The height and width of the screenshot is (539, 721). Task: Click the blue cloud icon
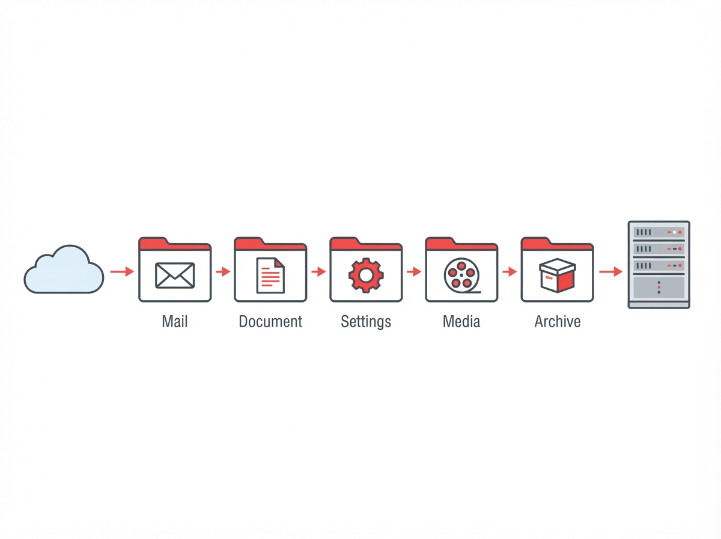64,269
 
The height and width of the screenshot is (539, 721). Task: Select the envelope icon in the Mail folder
175,276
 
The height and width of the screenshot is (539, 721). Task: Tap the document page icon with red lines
270,276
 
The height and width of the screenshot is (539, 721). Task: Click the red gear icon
366,276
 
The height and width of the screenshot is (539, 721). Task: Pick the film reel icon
462,276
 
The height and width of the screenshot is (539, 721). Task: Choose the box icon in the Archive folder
557,276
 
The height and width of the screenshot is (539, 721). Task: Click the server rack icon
659,265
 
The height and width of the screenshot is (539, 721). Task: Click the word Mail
175,321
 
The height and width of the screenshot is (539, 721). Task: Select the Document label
270,321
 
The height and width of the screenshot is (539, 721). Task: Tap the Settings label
366,322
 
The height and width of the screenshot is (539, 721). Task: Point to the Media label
461,321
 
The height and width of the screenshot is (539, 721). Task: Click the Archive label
558,321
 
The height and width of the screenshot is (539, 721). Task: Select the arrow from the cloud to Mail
122,272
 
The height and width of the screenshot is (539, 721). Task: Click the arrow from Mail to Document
223,272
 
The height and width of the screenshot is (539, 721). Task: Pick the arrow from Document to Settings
318,272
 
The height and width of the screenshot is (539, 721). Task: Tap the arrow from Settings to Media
414,272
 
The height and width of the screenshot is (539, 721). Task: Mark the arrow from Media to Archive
510,272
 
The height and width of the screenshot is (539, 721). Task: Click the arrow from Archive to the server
610,272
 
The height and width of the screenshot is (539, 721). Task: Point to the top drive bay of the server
659,232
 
